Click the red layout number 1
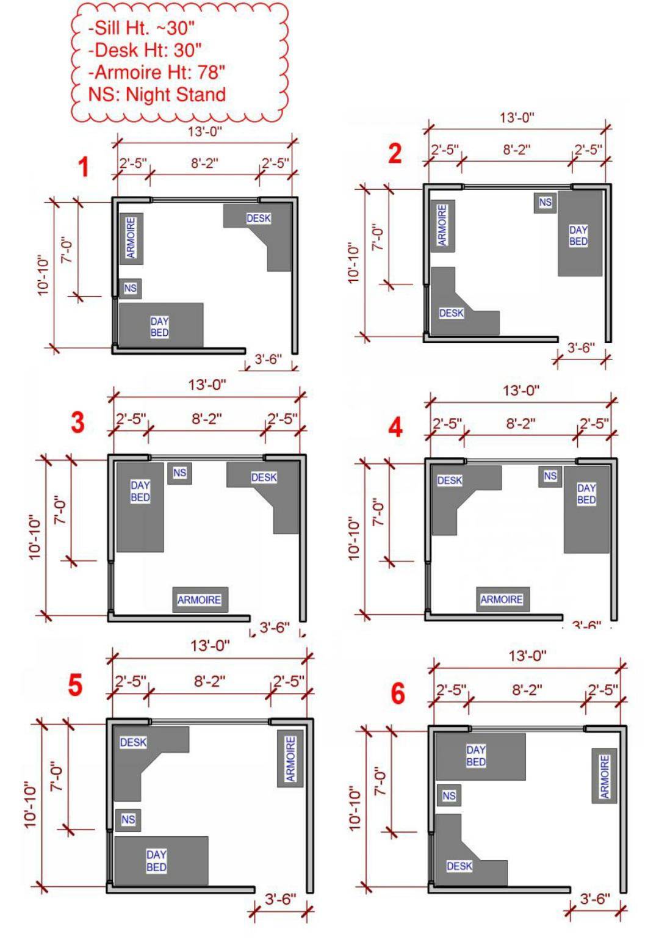[84, 167]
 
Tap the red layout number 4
[395, 427]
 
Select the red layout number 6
[397, 693]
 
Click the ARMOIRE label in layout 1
[131, 238]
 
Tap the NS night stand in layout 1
[131, 288]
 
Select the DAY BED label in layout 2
[578, 236]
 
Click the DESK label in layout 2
[452, 313]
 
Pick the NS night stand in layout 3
[179, 472]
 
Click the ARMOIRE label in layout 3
[199, 600]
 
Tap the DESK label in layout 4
[450, 480]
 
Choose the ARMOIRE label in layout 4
[502, 599]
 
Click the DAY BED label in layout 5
[156, 861]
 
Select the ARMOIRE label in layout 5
[290, 758]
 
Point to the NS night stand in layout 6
[449, 795]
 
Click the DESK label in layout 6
[459, 866]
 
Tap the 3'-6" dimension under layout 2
[581, 348]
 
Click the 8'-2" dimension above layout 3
[207, 419]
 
